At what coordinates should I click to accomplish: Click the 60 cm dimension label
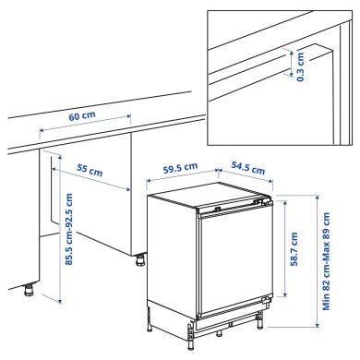coord(83,118)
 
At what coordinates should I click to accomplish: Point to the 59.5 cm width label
coord(180,170)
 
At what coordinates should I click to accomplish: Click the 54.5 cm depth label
coord(243,169)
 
